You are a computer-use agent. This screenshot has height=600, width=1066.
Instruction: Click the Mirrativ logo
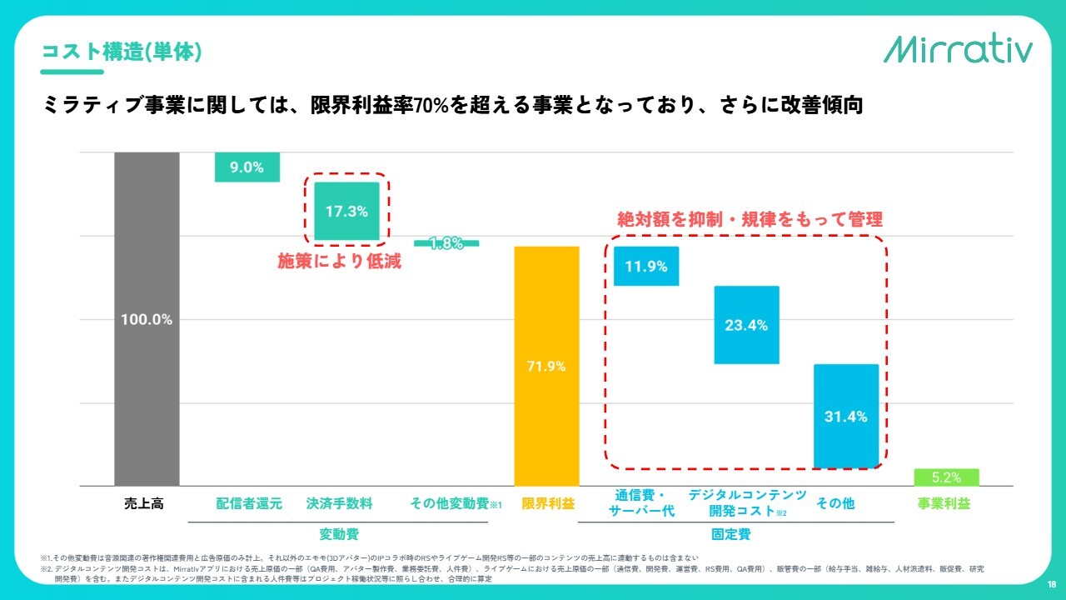pyautogui.click(x=958, y=49)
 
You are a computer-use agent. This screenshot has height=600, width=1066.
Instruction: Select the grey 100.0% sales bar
pyautogui.click(x=147, y=318)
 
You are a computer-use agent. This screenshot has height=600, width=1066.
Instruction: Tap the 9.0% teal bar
pyautogui.click(x=247, y=167)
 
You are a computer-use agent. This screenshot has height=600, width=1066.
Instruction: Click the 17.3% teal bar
pyautogui.click(x=346, y=211)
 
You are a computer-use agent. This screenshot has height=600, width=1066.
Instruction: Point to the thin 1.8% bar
pyautogui.click(x=446, y=243)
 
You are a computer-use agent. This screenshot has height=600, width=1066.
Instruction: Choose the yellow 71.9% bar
pyautogui.click(x=546, y=366)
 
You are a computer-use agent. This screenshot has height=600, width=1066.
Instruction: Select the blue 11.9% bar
pyautogui.click(x=646, y=267)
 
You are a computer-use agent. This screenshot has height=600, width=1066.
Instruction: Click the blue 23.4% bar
pyautogui.click(x=746, y=325)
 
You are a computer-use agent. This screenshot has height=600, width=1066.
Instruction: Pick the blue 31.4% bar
pyautogui.click(x=846, y=416)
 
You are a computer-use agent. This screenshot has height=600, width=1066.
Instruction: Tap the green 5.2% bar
pyautogui.click(x=946, y=477)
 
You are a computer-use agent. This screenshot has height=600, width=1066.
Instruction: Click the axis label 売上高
pyautogui.click(x=140, y=503)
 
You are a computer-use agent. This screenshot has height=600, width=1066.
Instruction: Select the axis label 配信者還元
pyautogui.click(x=249, y=503)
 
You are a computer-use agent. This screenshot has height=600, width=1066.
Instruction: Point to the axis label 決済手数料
pyautogui.click(x=339, y=503)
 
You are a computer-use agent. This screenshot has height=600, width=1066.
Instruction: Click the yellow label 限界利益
pyautogui.click(x=547, y=503)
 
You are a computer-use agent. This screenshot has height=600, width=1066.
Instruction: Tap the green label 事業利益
pyautogui.click(x=944, y=503)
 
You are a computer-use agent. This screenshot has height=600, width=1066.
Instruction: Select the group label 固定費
pyautogui.click(x=730, y=533)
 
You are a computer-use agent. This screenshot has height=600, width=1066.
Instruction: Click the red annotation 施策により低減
pyautogui.click(x=339, y=261)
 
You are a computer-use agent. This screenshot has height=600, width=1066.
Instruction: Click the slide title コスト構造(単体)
pyautogui.click(x=122, y=52)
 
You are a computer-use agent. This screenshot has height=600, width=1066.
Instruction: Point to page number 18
pyautogui.click(x=1052, y=583)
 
